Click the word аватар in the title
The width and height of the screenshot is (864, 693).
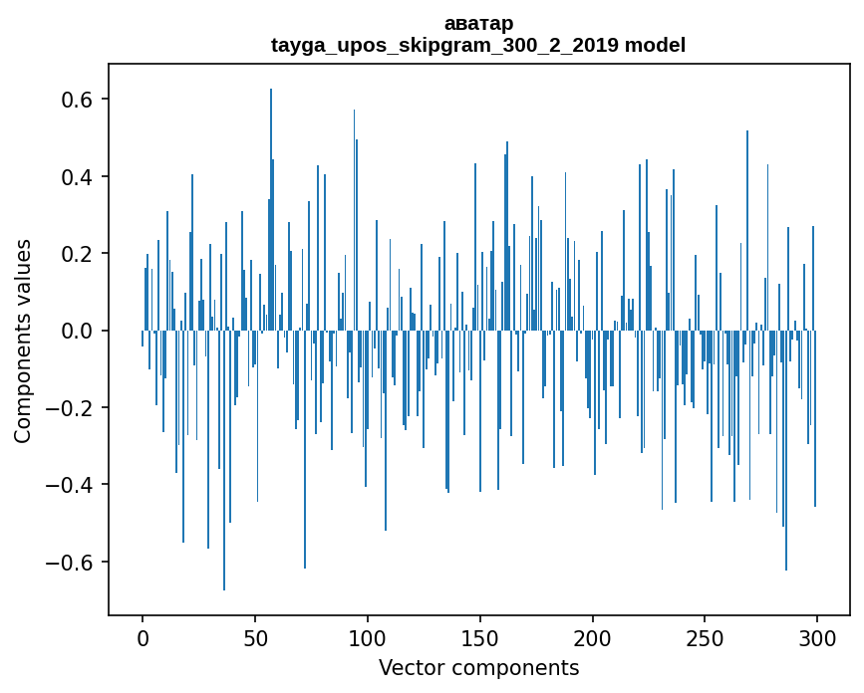tap(478, 23)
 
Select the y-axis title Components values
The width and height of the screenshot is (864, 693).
tap(23, 341)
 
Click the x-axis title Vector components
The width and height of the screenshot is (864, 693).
tap(478, 667)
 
